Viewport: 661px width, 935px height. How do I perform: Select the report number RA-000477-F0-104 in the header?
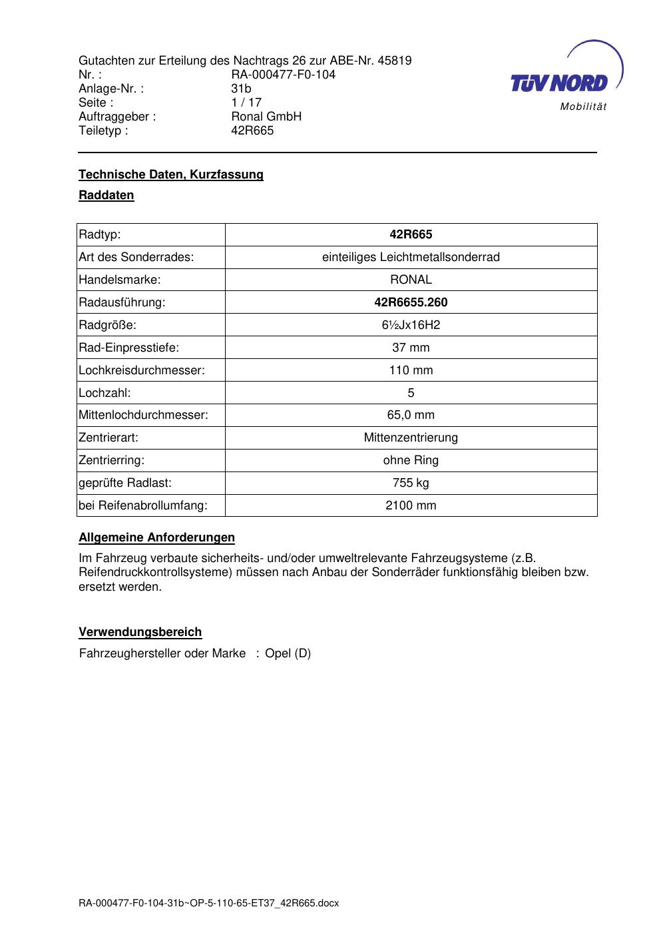(283, 75)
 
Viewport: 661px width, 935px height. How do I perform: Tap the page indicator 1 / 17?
(246, 103)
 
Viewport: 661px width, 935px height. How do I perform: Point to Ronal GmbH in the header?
(266, 117)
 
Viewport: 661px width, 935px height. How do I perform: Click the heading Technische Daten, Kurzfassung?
(171, 174)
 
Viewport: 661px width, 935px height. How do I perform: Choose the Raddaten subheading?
(107, 195)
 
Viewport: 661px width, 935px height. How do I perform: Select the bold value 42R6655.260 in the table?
(411, 302)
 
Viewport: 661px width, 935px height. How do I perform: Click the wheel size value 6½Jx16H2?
(411, 325)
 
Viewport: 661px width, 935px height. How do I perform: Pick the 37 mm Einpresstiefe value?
(411, 348)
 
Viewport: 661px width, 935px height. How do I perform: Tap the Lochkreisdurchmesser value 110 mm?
(411, 370)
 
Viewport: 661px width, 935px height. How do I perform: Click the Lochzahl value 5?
(411, 393)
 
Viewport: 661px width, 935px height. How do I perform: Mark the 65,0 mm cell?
(411, 415)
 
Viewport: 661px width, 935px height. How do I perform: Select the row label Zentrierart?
(109, 438)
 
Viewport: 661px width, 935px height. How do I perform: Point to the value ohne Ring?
(411, 460)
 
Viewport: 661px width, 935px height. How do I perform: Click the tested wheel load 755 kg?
(411, 483)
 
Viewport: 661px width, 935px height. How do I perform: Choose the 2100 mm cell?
(411, 505)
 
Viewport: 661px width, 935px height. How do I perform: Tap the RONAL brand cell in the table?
(411, 280)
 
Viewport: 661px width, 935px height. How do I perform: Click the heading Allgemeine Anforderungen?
(157, 537)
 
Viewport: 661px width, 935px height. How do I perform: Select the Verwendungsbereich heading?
(140, 632)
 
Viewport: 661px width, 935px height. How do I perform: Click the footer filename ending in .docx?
(209, 903)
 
